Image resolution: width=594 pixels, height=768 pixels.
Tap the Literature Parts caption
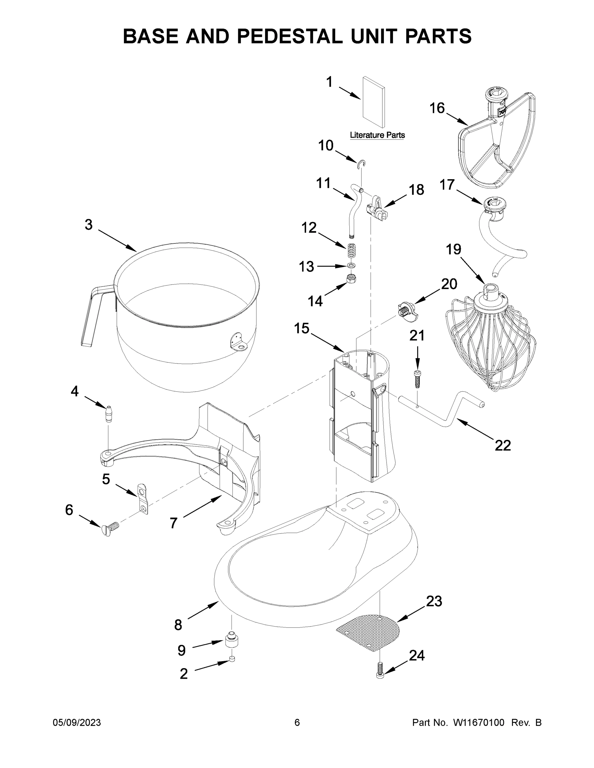(377, 135)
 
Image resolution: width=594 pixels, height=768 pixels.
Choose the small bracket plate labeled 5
(142, 499)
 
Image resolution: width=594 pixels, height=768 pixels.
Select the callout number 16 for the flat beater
(437, 108)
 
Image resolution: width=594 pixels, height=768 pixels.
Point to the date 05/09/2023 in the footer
(77, 722)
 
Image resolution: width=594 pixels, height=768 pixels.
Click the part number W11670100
(479, 722)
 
